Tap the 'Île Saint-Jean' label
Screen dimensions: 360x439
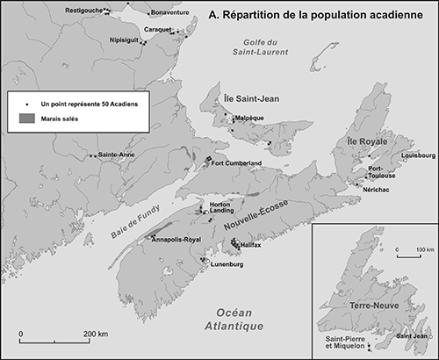tap(251, 99)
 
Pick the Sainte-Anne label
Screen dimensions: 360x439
tap(117, 155)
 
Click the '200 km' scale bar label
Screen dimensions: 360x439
tap(96, 334)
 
